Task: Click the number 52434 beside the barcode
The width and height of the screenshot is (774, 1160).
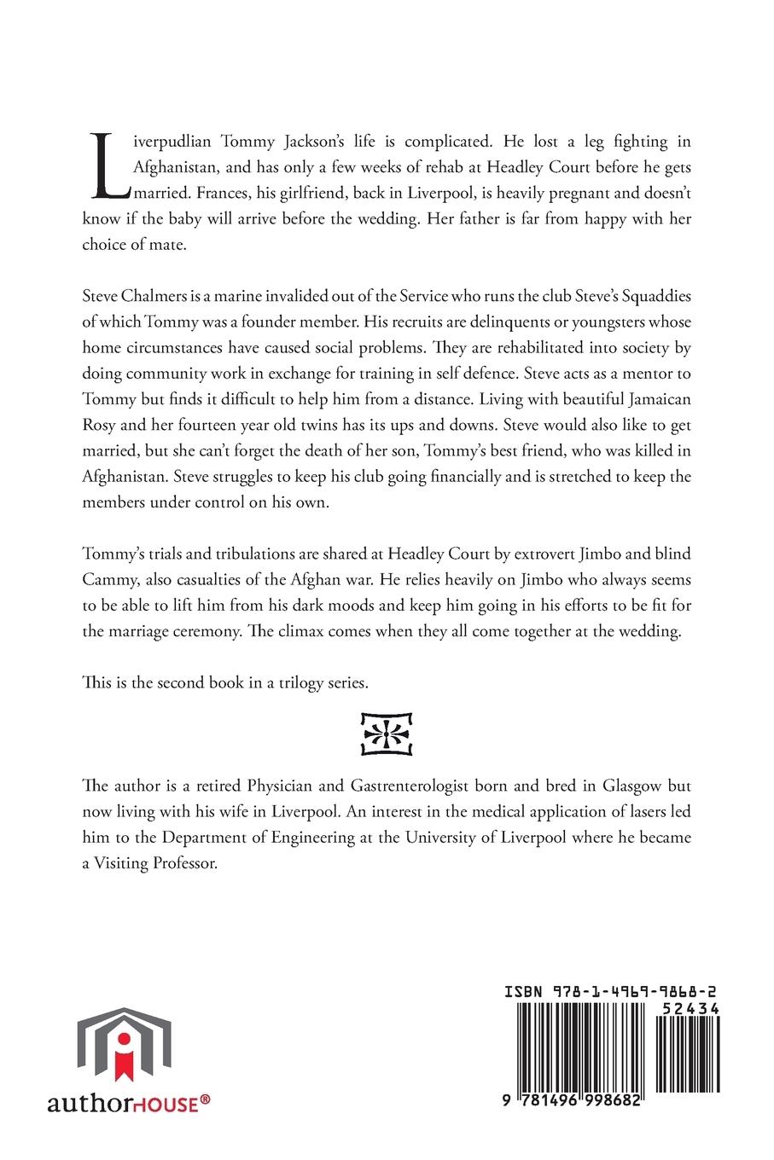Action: coord(690,1007)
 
